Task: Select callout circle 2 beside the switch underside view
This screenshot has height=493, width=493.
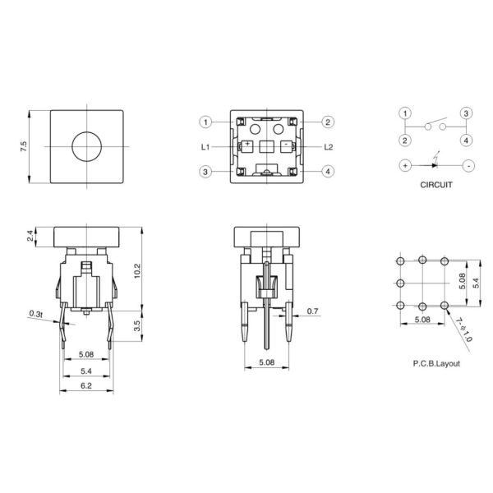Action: pyautogui.click(x=328, y=122)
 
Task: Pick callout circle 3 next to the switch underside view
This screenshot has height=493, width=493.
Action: pyautogui.click(x=205, y=172)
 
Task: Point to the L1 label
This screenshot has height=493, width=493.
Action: pyautogui.click(x=207, y=147)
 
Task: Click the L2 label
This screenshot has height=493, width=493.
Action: pyautogui.click(x=328, y=147)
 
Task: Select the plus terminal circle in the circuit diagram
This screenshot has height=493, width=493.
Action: pyautogui.click(x=405, y=165)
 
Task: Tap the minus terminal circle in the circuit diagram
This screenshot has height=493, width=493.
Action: pyautogui.click(x=467, y=165)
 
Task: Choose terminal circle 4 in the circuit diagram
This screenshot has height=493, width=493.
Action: pyautogui.click(x=466, y=139)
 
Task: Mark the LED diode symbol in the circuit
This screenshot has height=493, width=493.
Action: pyautogui.click(x=435, y=164)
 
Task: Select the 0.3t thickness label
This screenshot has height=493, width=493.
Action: pyautogui.click(x=37, y=313)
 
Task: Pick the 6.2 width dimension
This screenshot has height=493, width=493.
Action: pyautogui.click(x=85, y=384)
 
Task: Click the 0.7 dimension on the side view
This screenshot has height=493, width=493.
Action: pyautogui.click(x=312, y=311)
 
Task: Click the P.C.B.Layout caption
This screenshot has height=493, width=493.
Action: pyautogui.click(x=435, y=362)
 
